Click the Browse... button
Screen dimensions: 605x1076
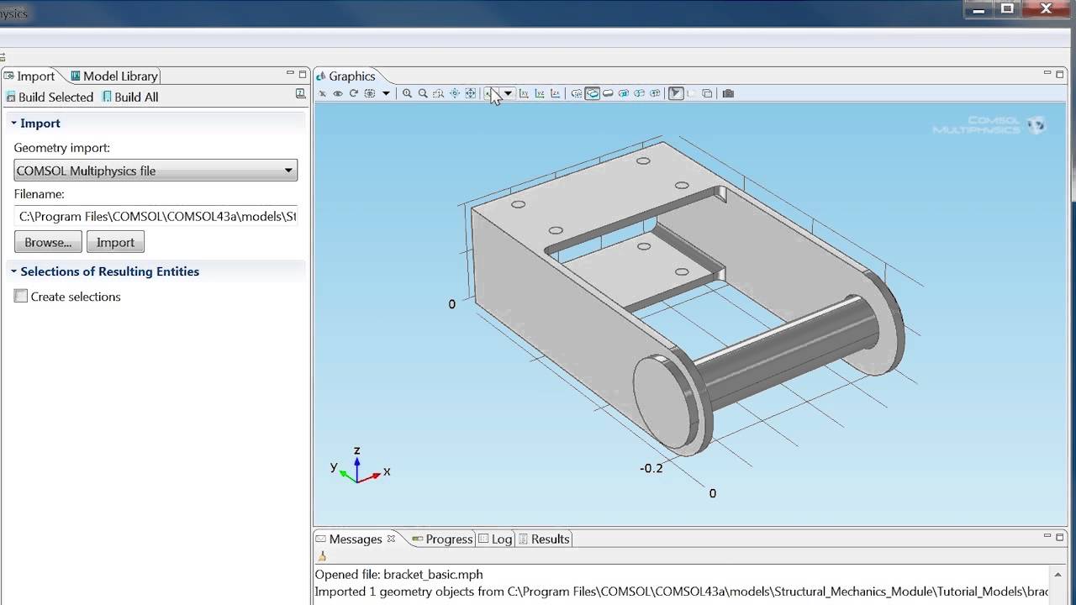[x=48, y=242]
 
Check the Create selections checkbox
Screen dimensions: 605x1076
[x=21, y=297]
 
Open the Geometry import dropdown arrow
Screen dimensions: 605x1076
[x=287, y=171]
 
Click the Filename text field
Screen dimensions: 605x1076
[x=156, y=216]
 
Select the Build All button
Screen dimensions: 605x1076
[x=130, y=97]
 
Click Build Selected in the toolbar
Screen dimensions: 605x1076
[x=50, y=97]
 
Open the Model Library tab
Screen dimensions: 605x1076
[x=114, y=76]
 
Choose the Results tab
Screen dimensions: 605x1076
[x=544, y=539]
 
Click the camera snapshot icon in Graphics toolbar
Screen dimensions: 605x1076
[x=728, y=93]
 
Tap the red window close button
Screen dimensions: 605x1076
[x=1046, y=8]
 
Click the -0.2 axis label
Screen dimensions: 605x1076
[x=651, y=468]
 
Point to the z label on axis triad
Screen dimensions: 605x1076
[x=357, y=451]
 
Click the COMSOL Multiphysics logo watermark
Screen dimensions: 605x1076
[x=989, y=125]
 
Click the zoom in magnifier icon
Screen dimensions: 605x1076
[x=407, y=93]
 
